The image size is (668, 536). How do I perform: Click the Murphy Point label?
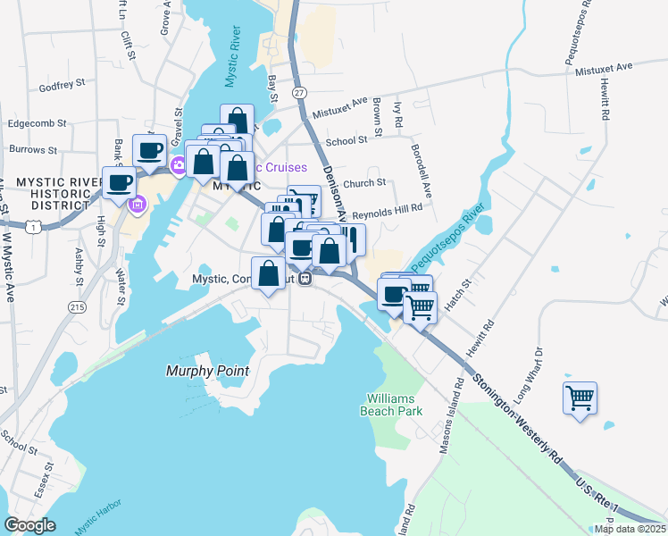pyautogui.click(x=207, y=371)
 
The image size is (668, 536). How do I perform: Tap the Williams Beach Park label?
pyautogui.click(x=390, y=405)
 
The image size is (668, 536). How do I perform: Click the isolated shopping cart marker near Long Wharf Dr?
pyautogui.click(x=580, y=398)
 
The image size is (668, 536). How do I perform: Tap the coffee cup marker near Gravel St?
pyautogui.click(x=149, y=149)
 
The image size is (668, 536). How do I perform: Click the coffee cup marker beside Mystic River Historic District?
pyautogui.click(x=119, y=182)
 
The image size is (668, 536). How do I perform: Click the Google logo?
pyautogui.click(x=30, y=525)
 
